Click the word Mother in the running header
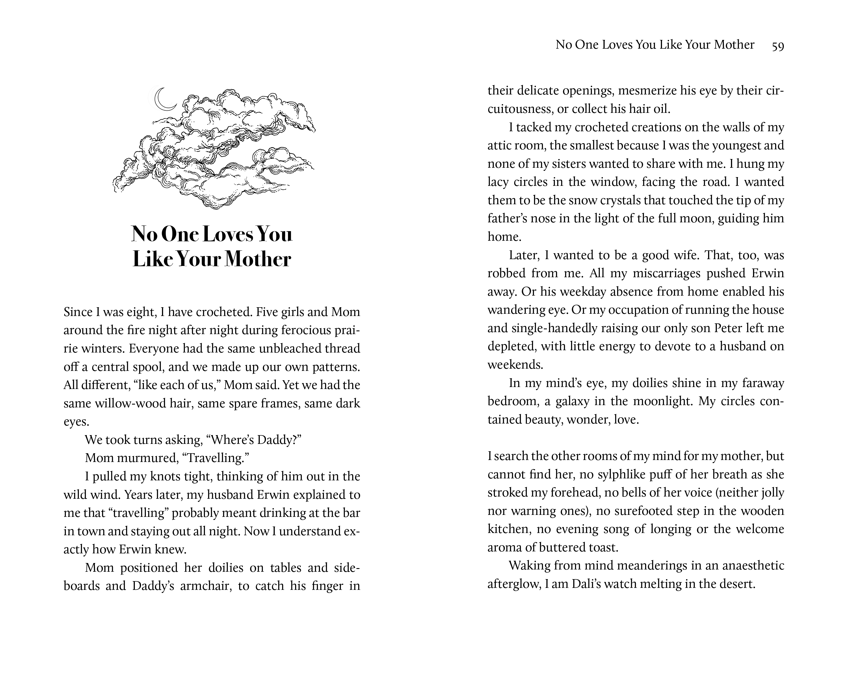pos(734,45)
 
